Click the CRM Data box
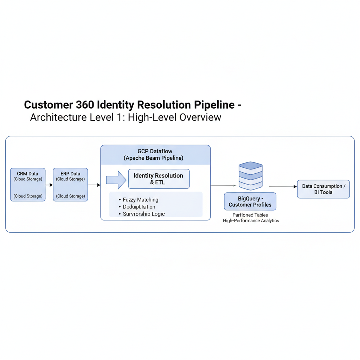pos(28,185)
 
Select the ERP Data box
pos(70,185)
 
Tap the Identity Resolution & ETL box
pos(159,179)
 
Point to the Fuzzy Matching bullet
pos(141,200)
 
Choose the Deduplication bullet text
pos(139,207)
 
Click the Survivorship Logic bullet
pos(144,214)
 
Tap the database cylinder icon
pos(250,175)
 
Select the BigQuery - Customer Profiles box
pos(250,201)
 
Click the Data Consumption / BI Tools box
pos(323,189)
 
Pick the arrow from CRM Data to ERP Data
pos(49,185)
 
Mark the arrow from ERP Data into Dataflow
pos(94,185)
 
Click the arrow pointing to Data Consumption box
pos(283,187)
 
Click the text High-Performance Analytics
pos(251,221)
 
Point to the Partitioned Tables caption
pos(250,215)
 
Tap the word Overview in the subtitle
pos(200,117)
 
